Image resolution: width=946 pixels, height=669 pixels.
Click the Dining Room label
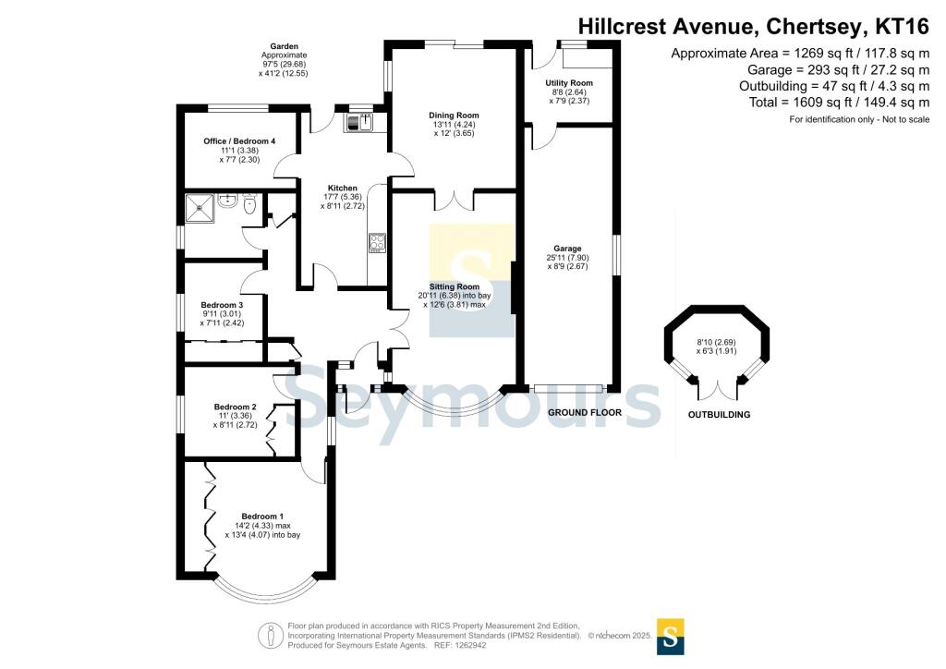(x=454, y=116)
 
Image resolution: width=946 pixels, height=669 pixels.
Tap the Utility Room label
(x=569, y=83)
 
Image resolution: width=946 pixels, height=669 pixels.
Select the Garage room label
(x=567, y=249)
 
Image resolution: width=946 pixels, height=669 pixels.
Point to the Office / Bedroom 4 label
(x=239, y=141)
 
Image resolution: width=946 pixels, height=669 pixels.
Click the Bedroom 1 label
(x=262, y=517)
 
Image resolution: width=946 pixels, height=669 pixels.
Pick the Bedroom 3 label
(x=222, y=305)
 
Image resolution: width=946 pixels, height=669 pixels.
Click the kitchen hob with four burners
(x=377, y=242)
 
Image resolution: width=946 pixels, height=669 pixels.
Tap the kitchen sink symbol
(x=359, y=123)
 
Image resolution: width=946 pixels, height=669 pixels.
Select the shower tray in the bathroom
(x=200, y=208)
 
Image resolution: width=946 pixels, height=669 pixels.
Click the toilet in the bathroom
(x=250, y=204)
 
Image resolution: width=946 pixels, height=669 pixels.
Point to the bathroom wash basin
(x=227, y=201)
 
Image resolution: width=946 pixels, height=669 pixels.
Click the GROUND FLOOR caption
(x=585, y=413)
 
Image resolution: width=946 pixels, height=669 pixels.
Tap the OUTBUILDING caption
(x=719, y=415)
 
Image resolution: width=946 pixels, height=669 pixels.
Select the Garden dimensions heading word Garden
(x=285, y=46)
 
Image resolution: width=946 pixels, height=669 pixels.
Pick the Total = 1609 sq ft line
(x=839, y=103)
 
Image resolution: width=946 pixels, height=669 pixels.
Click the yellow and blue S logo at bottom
(x=670, y=637)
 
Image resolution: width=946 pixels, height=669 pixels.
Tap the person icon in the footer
(x=271, y=636)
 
